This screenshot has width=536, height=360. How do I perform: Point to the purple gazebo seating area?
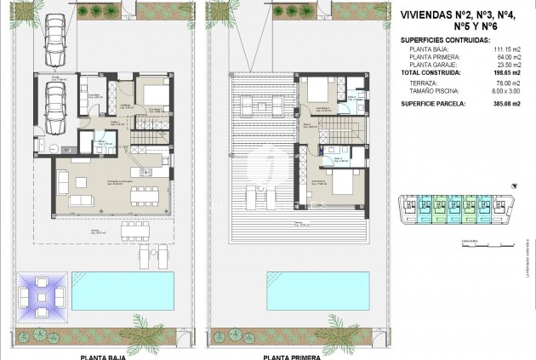[41, 298]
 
